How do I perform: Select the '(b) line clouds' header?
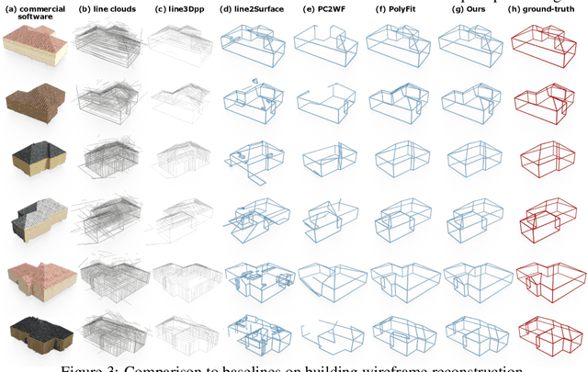click(x=107, y=9)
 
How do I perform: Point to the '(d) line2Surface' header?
click(x=251, y=9)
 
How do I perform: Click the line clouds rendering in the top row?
click(x=108, y=46)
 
